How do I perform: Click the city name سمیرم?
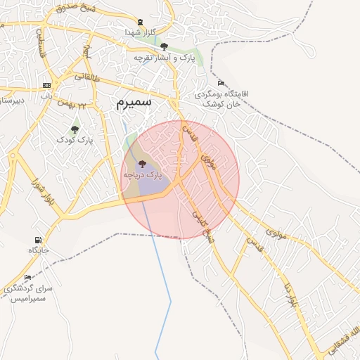pos(134,103)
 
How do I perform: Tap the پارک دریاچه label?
pos(143,174)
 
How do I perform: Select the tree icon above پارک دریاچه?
pos(143,163)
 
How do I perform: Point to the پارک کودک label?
pos(75,139)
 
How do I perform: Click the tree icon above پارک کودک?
pos(75,129)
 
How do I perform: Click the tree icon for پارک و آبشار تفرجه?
pos(164,46)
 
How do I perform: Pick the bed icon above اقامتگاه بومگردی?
pos(221,83)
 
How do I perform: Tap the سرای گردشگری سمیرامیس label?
pos(27,293)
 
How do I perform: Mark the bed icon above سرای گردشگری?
pos(27,278)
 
